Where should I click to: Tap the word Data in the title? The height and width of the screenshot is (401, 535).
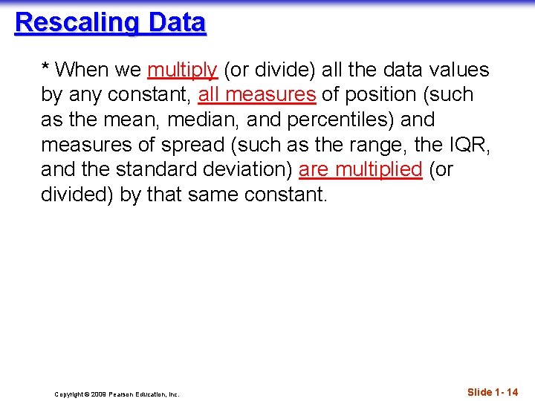coord(176,22)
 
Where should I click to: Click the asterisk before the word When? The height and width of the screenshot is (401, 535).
coord(46,68)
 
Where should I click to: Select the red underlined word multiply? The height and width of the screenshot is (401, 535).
coord(182,71)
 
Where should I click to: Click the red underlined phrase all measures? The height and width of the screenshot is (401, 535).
coord(257,95)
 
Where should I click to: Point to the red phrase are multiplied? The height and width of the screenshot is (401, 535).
coord(360,170)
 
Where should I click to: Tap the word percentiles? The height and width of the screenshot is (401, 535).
coord(334,120)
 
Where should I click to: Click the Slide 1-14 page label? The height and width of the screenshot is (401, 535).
coord(493,391)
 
